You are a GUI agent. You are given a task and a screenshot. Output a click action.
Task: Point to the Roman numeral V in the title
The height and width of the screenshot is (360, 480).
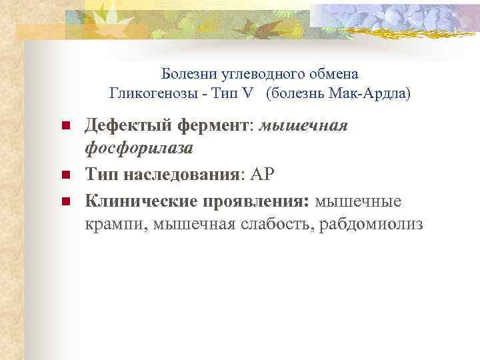pyautogui.click(x=247, y=93)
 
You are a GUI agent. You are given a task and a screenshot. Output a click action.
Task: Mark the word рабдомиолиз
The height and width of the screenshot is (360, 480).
pyautogui.click(x=372, y=224)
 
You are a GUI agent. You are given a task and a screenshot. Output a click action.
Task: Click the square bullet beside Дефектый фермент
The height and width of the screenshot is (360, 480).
pyautogui.click(x=65, y=127)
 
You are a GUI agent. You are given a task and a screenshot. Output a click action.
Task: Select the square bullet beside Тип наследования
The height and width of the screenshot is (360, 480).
pyautogui.click(x=65, y=176)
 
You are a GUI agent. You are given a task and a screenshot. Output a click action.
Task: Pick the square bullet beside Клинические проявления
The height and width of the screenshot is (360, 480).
pyautogui.click(x=65, y=201)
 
